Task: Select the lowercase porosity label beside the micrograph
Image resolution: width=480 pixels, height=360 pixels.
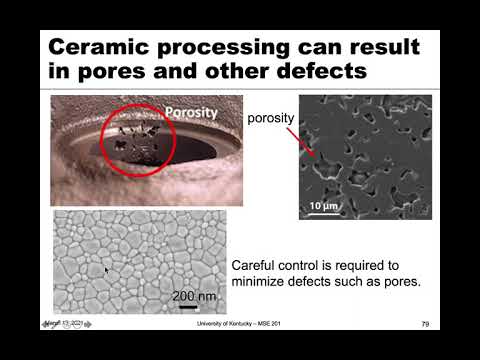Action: [x=271, y=118]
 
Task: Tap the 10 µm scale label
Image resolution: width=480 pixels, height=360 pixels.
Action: [x=322, y=206]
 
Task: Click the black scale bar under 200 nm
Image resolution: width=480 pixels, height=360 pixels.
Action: [x=189, y=307]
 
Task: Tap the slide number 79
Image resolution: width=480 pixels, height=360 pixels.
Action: [x=425, y=324]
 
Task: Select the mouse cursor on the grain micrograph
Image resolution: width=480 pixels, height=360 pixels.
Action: [x=107, y=270]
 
